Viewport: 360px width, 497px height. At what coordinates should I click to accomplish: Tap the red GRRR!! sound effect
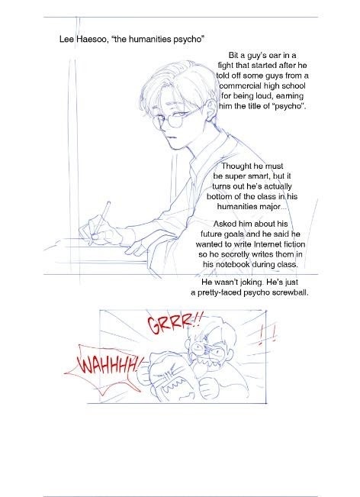[x=173, y=324]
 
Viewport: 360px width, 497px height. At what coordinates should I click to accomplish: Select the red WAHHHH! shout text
[x=109, y=363]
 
